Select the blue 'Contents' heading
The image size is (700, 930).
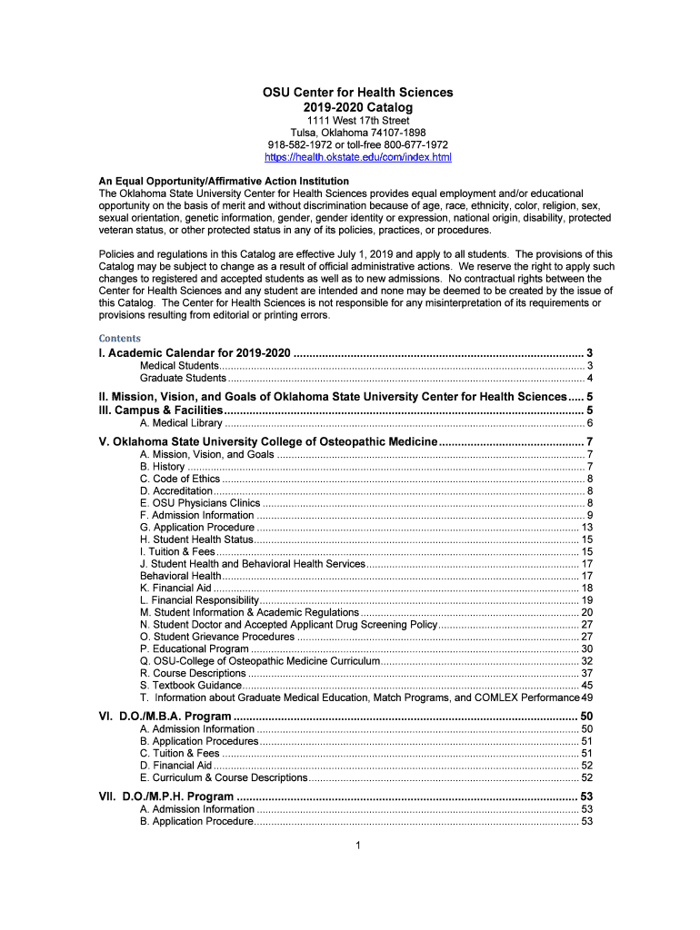[120, 338]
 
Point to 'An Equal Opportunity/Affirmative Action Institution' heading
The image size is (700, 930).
[224, 181]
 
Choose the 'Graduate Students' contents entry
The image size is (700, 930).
[183, 378]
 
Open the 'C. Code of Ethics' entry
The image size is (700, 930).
[180, 479]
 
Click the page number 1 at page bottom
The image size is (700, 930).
[359, 846]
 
